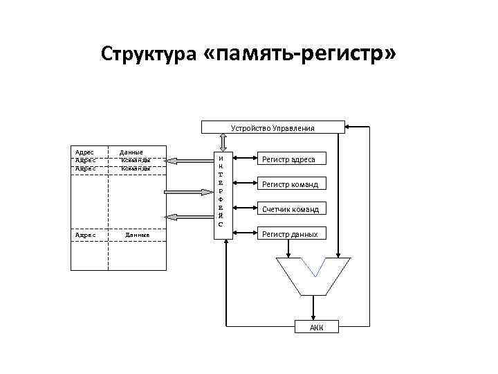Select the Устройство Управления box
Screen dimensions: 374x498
[x=273, y=127]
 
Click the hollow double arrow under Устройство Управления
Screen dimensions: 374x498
[x=222, y=141]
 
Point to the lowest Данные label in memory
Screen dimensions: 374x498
[x=137, y=235]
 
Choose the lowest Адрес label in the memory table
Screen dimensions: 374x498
[x=84, y=235]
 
